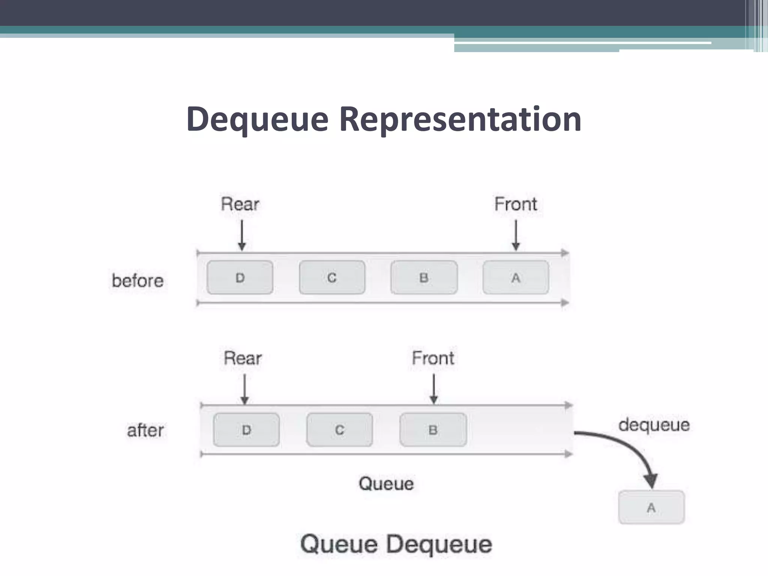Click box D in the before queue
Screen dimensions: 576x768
coord(240,277)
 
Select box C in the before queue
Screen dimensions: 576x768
coord(332,277)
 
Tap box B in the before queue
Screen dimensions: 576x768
coord(424,277)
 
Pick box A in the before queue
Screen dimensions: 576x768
coord(516,277)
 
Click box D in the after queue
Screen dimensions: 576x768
coord(246,430)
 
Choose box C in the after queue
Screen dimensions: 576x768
coord(339,430)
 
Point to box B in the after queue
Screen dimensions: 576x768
coord(433,430)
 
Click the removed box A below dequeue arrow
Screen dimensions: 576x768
coord(651,507)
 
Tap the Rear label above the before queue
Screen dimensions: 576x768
coord(240,204)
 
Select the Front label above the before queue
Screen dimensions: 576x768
coord(516,204)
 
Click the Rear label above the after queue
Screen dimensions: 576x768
coord(243,358)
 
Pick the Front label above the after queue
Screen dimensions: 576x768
coord(433,358)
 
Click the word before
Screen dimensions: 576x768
coord(138,280)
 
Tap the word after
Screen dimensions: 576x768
coord(145,430)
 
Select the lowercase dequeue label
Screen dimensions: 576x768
coord(654,425)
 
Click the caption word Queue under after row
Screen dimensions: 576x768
coord(386,483)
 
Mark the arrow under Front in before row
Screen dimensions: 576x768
coord(516,235)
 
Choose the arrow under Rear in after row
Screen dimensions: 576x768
coord(244,389)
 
